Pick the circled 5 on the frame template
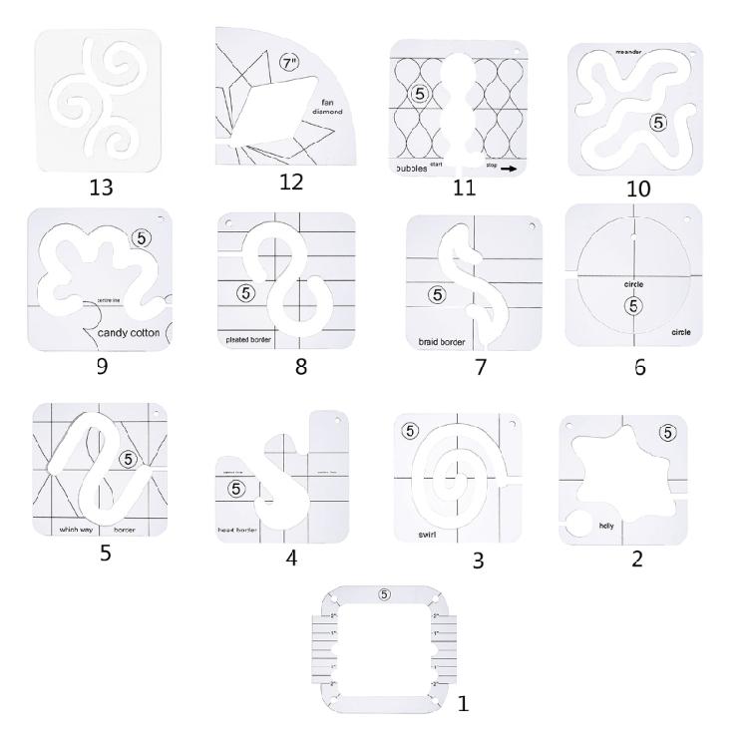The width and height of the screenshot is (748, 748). [x=384, y=595]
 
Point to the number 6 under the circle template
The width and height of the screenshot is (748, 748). [x=639, y=367]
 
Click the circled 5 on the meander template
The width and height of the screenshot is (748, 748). [x=656, y=123]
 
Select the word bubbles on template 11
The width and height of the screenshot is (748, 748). [x=410, y=170]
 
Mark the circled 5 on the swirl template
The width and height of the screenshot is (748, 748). [x=409, y=431]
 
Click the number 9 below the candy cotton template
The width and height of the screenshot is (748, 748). [x=101, y=366]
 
